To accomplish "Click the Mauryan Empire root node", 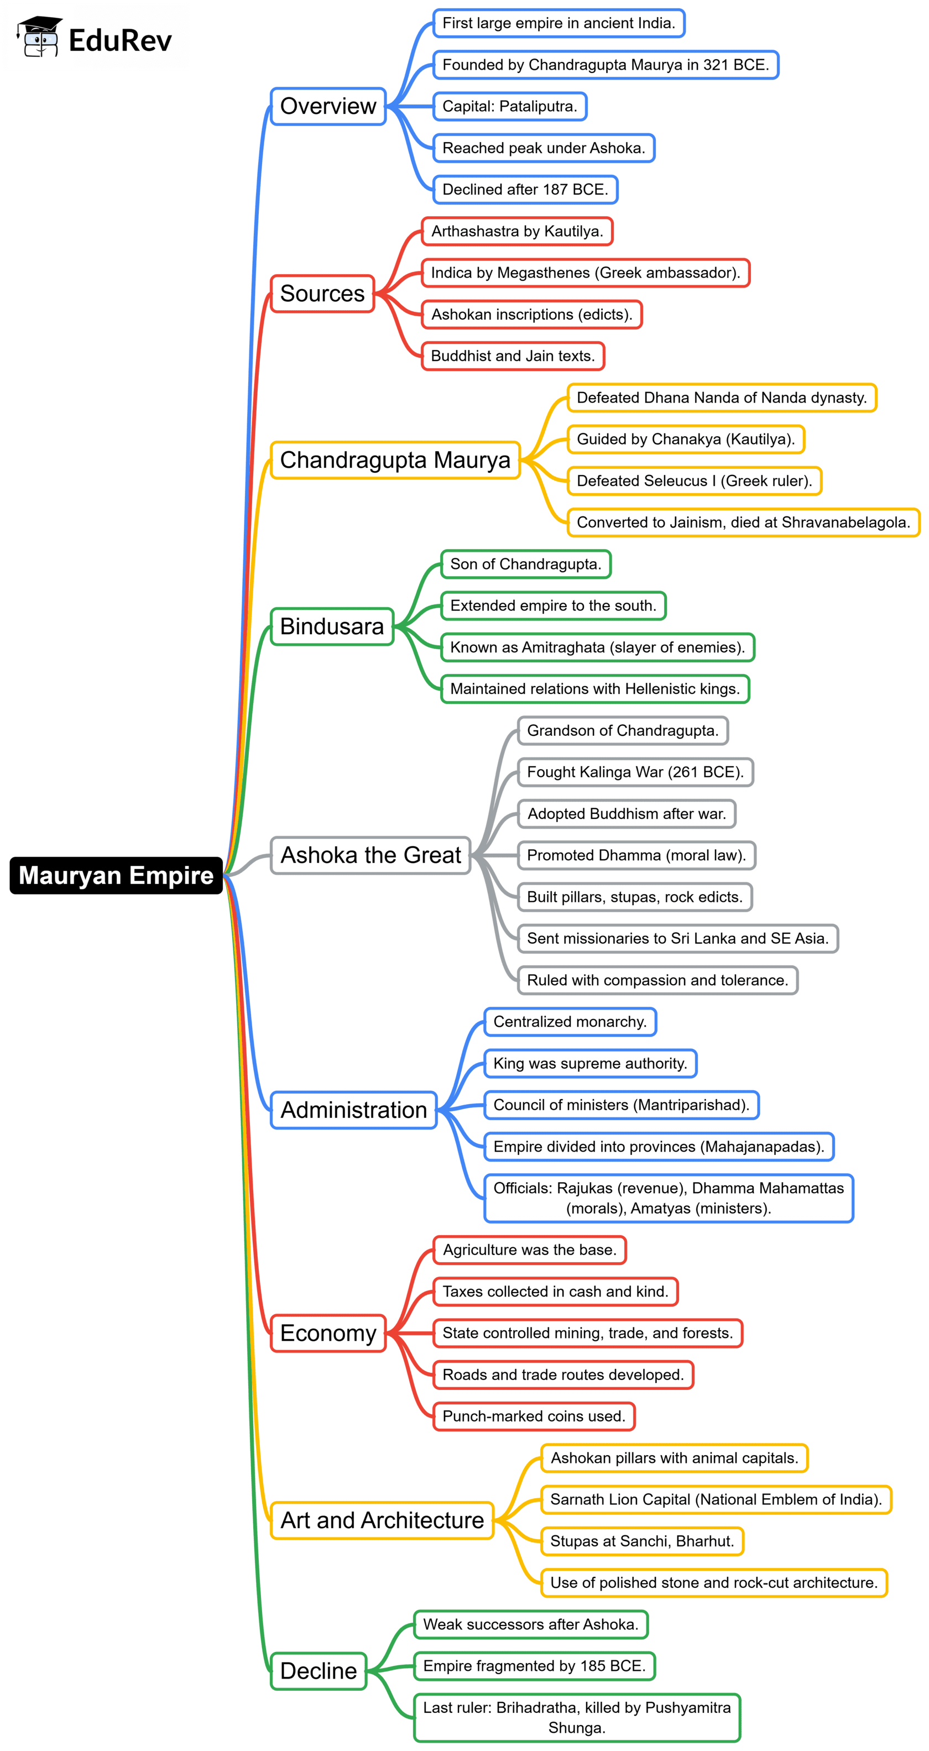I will pos(116,876).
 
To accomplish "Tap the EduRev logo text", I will pos(121,41).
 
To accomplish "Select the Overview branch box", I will pos(328,107).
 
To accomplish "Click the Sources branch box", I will pos(322,294).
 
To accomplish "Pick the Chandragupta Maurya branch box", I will pos(395,460).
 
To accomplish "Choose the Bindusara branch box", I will pos(332,626).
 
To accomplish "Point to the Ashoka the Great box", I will pos(370,855).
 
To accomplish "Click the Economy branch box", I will pos(328,1333).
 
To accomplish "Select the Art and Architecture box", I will pos(382,1520).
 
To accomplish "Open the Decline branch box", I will pos(319,1671).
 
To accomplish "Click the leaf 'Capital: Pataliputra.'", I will pos(509,107).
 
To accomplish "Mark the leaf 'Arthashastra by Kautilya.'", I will pos(517,231).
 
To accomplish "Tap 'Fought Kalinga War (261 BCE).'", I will pos(635,772).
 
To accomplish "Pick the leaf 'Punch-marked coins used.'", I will pos(534,1416).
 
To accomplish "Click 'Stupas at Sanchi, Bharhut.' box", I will pos(642,1541).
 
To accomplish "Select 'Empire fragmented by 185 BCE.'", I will pos(534,1665).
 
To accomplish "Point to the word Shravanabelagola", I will pos(846,522).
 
